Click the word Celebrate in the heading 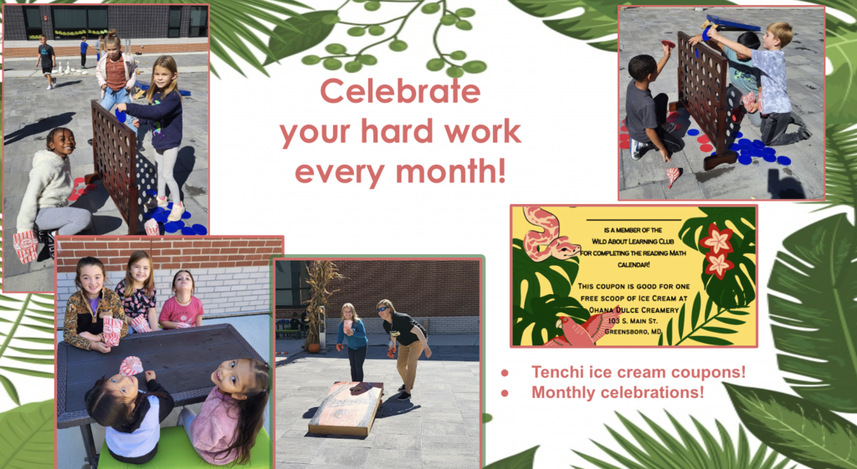coord(400,91)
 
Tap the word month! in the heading coord(450,171)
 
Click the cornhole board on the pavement coord(346,408)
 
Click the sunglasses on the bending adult coord(382,310)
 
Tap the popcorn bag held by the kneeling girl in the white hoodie coord(25,247)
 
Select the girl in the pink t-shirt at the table coord(182,300)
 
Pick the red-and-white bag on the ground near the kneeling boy coord(673,177)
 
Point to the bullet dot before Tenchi coord(505,373)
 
